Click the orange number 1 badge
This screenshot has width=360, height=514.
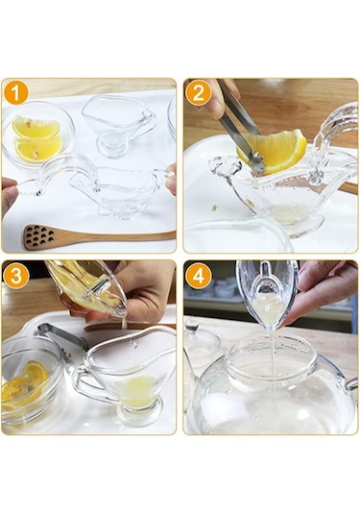click(15, 92)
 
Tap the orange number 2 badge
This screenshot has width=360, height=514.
click(198, 92)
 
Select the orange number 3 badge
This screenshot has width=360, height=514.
click(15, 275)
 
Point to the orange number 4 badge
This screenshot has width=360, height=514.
click(198, 275)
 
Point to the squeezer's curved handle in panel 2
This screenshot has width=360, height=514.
click(331, 130)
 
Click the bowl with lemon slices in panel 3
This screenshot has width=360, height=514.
click(29, 379)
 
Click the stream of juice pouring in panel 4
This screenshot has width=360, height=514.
click(268, 336)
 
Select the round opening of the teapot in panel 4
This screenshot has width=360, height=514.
click(269, 357)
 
